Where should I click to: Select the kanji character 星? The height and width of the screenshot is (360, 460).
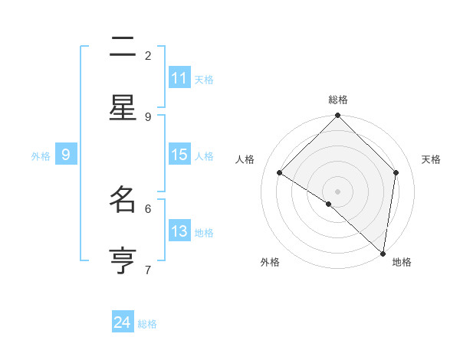point(123,108)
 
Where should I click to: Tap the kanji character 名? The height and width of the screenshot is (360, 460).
point(123,200)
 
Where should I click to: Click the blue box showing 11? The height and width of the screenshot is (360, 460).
point(179,78)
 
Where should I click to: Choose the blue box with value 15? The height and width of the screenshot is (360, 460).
point(179,155)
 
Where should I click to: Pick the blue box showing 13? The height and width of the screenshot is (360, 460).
point(179,231)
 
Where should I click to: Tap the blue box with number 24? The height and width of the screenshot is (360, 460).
point(123,322)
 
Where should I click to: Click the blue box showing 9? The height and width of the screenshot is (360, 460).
point(66,155)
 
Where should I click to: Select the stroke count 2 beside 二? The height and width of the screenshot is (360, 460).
point(148,55)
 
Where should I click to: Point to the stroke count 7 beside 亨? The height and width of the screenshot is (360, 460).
point(148,270)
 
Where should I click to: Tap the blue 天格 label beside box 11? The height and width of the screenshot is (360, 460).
point(204,79)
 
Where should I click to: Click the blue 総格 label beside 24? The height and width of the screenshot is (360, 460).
point(147,324)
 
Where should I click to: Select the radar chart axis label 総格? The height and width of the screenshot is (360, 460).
point(338,100)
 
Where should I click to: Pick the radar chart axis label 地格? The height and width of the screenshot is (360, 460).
point(402,263)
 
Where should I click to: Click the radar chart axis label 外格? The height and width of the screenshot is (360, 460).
point(270,263)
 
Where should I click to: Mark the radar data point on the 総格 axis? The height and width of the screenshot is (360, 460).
point(338,116)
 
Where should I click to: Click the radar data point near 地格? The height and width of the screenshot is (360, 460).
point(383,253)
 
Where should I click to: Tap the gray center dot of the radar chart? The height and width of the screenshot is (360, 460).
point(338,191)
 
